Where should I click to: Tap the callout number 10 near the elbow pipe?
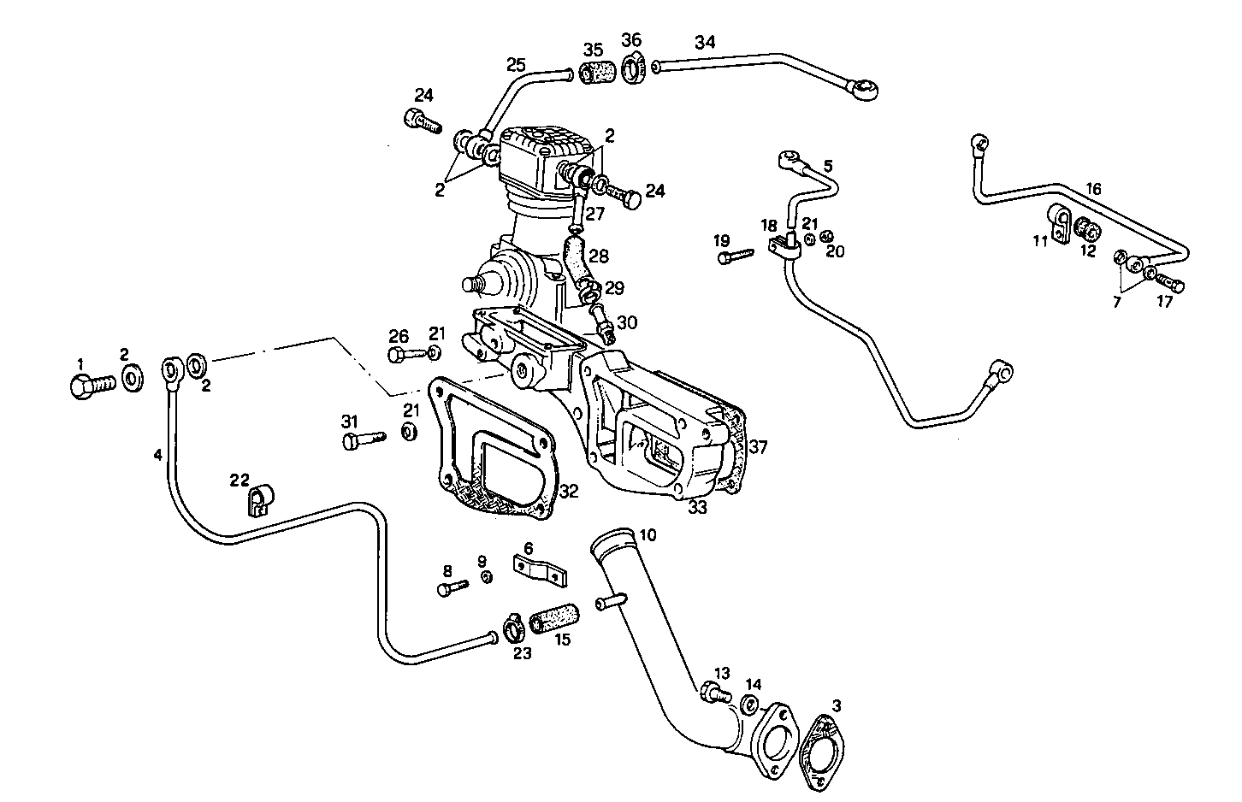[648, 535]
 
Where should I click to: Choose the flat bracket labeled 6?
[540, 570]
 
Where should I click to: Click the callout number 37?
[759, 447]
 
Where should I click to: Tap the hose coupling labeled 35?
[596, 73]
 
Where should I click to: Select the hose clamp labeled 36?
[633, 69]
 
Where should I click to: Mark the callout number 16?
[1093, 189]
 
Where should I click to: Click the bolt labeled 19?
[735, 255]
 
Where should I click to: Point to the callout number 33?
[698, 506]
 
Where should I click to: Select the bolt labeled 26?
[405, 353]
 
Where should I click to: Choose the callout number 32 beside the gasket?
[569, 492]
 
